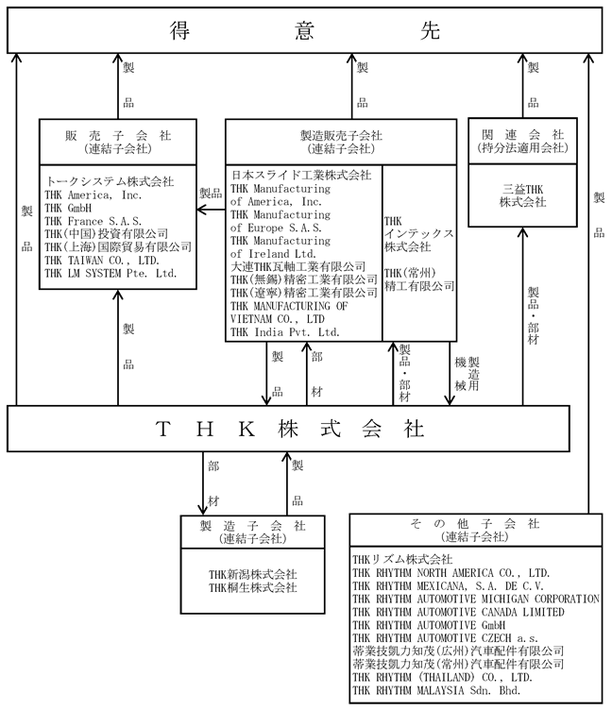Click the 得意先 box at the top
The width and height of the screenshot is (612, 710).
pyautogui.click(x=304, y=30)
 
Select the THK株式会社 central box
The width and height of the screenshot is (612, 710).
pyautogui.click(x=288, y=429)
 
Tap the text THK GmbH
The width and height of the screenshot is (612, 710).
pyautogui.click(x=68, y=209)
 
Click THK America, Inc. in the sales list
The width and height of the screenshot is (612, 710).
pyautogui.click(x=93, y=195)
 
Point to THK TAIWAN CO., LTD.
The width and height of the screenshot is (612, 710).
pyautogui.click(x=102, y=261)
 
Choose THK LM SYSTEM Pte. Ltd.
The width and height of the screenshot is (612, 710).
pyautogui.click(x=110, y=274)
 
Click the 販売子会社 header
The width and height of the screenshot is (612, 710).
pyautogui.click(x=118, y=142)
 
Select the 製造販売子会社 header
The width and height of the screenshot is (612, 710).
pyautogui.click(x=341, y=142)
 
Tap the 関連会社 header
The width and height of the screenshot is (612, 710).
pyautogui.click(x=522, y=141)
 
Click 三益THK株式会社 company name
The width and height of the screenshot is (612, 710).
pyautogui.click(x=523, y=195)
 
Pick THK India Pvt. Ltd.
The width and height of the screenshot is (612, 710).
pyautogui.click(x=285, y=332)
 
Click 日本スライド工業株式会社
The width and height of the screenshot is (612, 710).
pyautogui.click(x=301, y=176)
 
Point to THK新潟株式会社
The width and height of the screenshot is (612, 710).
pyautogui.click(x=253, y=575)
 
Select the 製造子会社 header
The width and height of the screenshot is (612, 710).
pyautogui.click(x=253, y=532)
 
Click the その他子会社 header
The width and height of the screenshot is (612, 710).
pyautogui.click(x=476, y=530)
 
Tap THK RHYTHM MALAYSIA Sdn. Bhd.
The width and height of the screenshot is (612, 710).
pyautogui.click(x=436, y=690)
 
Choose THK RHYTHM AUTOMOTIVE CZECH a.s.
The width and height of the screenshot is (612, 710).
pyautogui.click(x=445, y=638)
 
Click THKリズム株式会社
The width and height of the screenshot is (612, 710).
pyautogui.click(x=402, y=560)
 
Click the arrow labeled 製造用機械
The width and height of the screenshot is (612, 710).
pyautogui.click(x=450, y=373)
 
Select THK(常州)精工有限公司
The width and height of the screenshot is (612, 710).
pyautogui.click(x=419, y=279)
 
